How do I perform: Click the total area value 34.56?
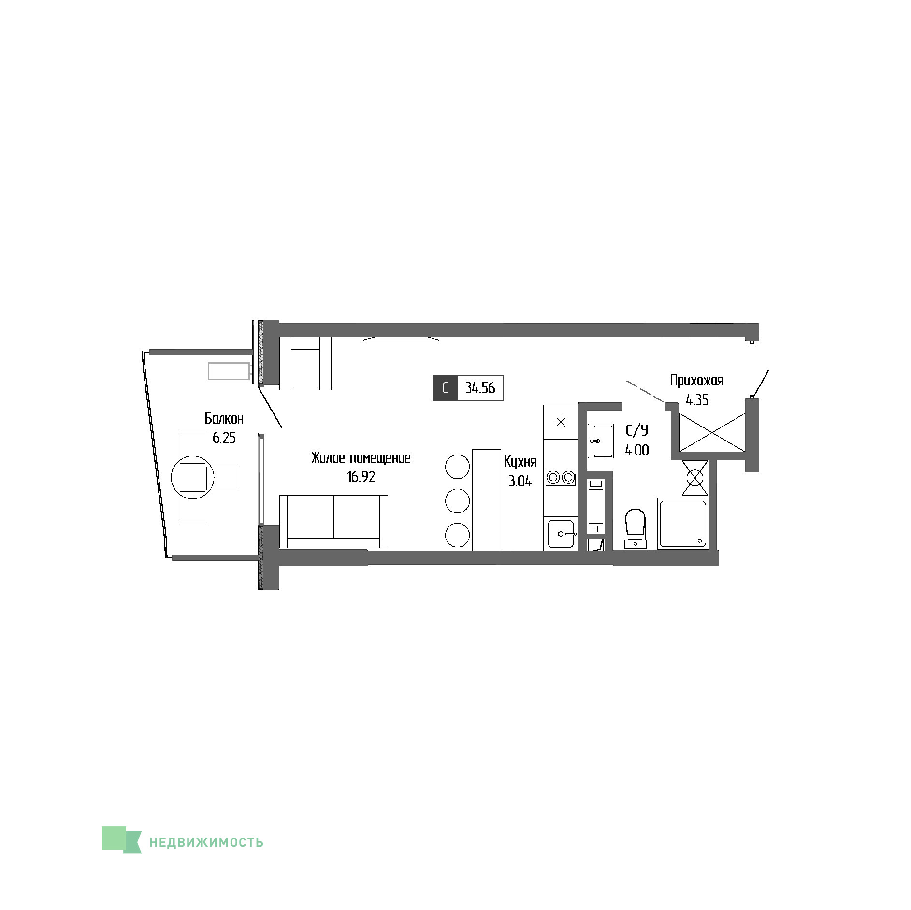[x=480, y=388]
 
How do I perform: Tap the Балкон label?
[x=224, y=418]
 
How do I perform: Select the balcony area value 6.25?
[x=224, y=438]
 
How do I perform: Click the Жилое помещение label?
[x=361, y=458]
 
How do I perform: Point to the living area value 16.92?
[x=361, y=477]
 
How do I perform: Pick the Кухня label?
[x=520, y=462]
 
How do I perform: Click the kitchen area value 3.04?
[x=520, y=481]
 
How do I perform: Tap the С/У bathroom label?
[x=637, y=430]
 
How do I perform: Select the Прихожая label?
[x=696, y=381]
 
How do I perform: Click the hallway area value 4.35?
[x=697, y=400]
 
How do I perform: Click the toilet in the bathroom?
[x=635, y=528]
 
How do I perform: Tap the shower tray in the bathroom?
[x=682, y=524]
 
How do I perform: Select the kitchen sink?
[x=561, y=534]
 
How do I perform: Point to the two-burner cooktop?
[x=561, y=477]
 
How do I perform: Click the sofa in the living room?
[x=333, y=522]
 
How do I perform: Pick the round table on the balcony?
[x=192, y=477]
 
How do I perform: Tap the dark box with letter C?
[x=445, y=388]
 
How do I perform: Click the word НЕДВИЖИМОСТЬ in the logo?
[x=206, y=842]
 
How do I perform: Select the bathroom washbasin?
[x=600, y=441]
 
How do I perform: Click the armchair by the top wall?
[x=305, y=363]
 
